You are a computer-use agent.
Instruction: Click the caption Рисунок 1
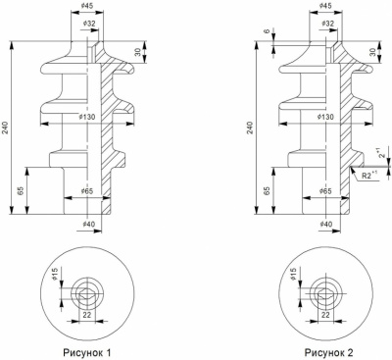[87, 353]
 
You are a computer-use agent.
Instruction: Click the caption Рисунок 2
[328, 353]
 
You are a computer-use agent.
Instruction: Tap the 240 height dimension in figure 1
[6, 128]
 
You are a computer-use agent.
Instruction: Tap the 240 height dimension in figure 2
[250, 128]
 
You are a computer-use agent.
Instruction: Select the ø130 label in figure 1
[87, 117]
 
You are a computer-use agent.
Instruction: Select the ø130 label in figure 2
[325, 117]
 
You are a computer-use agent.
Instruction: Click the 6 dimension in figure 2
[267, 31]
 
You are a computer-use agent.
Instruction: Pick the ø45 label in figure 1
[87, 6]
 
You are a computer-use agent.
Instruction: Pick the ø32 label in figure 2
[327, 24]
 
